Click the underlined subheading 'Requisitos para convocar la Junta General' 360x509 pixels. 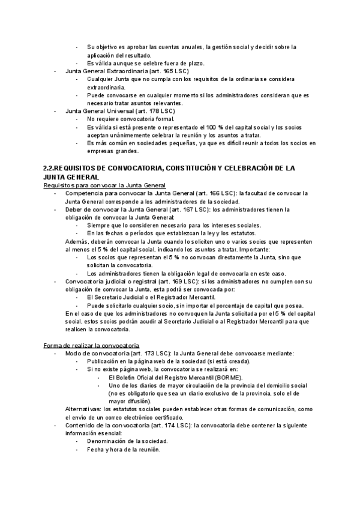click(x=104, y=185)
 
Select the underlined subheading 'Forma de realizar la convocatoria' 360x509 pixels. click(x=91, y=346)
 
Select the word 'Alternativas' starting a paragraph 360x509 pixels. click(x=83, y=409)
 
